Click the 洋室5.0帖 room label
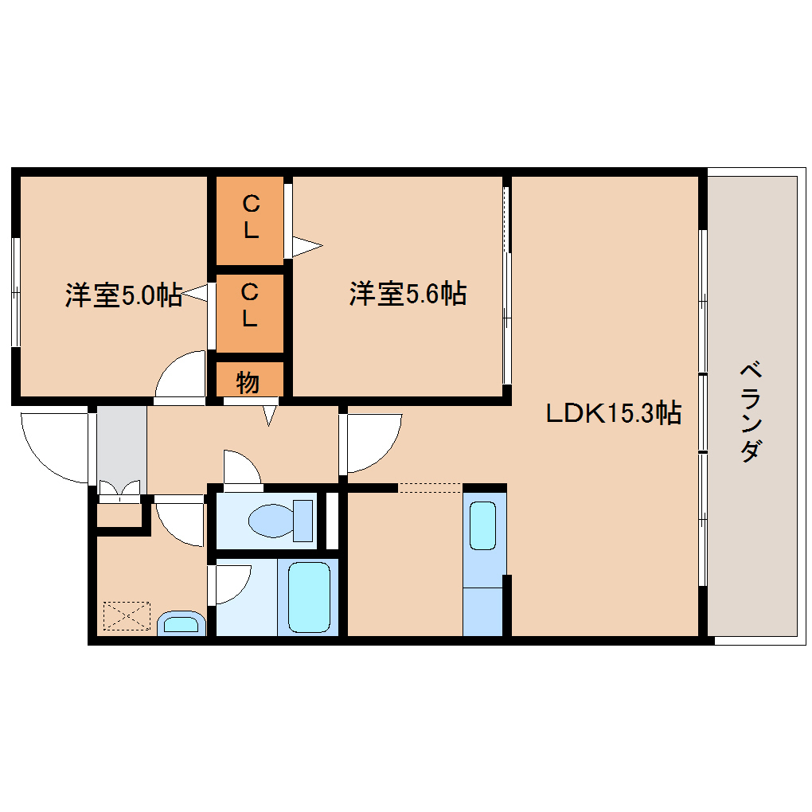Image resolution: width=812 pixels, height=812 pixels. [123, 295]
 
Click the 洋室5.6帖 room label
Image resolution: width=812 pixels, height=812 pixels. [408, 294]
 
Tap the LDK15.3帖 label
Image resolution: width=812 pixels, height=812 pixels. [614, 413]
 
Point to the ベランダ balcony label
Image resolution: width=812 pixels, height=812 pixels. [751, 412]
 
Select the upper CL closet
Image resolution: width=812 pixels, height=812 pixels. [250, 221]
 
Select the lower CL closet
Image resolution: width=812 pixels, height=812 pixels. [250, 314]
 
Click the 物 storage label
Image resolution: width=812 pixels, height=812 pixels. [248, 383]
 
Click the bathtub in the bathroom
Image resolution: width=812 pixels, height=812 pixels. [309, 597]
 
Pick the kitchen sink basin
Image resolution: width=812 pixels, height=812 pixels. [482, 525]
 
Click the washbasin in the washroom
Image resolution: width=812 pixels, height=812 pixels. [182, 623]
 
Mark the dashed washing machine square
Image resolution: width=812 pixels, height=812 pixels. [127, 615]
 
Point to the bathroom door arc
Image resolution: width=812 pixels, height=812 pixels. [240, 591]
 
